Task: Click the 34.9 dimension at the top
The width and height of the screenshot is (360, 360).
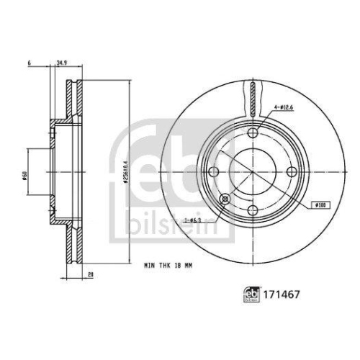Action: pos(61,63)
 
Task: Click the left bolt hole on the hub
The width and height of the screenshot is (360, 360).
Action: pos(215,171)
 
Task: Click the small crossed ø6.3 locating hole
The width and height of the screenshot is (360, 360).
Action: pos(225,198)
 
